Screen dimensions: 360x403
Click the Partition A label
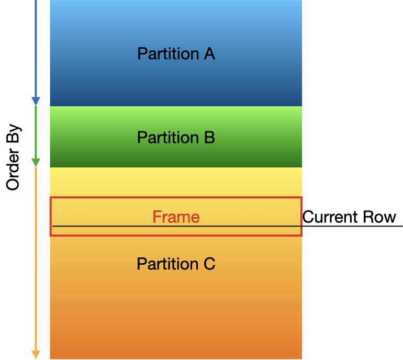(176, 53)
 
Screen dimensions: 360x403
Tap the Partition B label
(176, 138)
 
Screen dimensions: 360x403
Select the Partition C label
(176, 264)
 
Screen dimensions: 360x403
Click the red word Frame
(176, 217)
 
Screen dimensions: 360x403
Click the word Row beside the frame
(382, 217)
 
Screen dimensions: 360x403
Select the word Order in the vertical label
(13, 170)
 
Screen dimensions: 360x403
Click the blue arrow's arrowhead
(36, 101)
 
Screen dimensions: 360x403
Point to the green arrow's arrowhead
(36, 162)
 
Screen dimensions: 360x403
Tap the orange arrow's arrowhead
(36, 354)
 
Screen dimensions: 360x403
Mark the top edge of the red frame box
(176, 198)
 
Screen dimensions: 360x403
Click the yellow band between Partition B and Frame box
(176, 182)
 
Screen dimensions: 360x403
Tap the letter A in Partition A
(209, 53)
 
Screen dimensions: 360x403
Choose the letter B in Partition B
(209, 138)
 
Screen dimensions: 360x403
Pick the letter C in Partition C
(209, 264)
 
